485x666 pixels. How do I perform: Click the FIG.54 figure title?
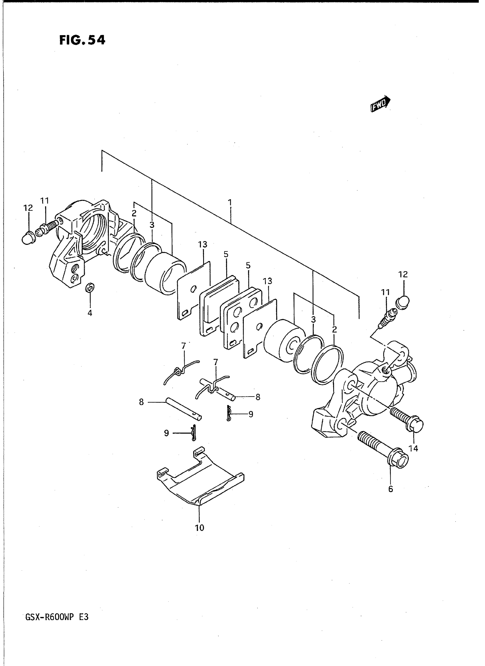tap(82, 40)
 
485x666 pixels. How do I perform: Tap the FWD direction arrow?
tap(381, 104)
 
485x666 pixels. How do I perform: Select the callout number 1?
tap(230, 202)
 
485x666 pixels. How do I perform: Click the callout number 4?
tap(90, 313)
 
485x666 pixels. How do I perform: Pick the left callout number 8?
tap(142, 402)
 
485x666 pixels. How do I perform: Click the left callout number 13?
tap(203, 244)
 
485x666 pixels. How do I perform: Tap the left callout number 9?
tap(166, 433)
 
